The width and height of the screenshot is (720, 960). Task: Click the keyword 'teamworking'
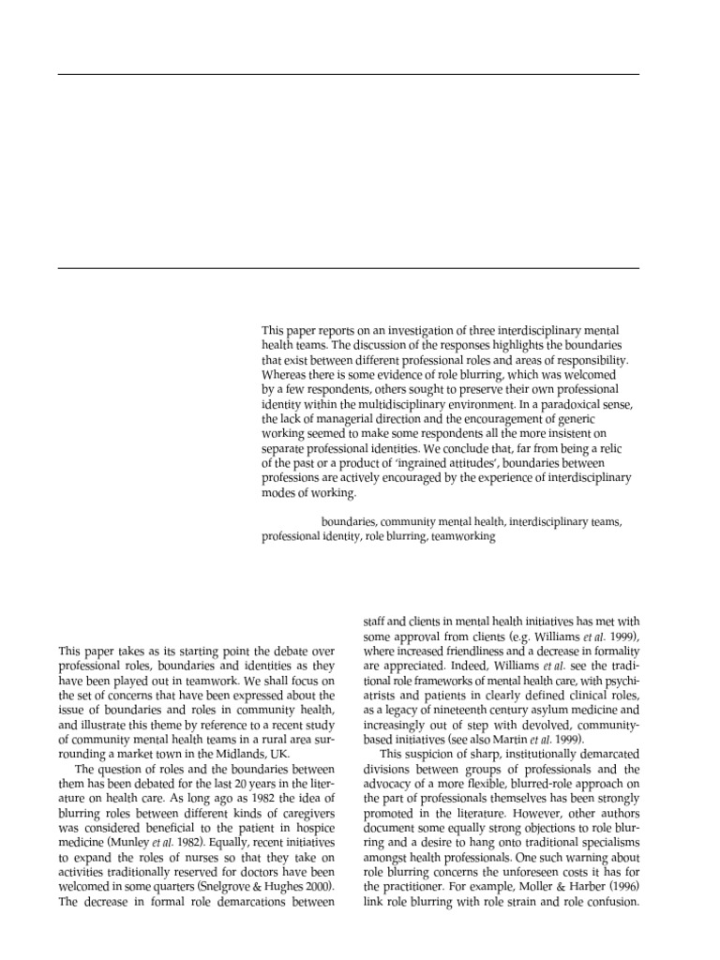coord(463,538)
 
